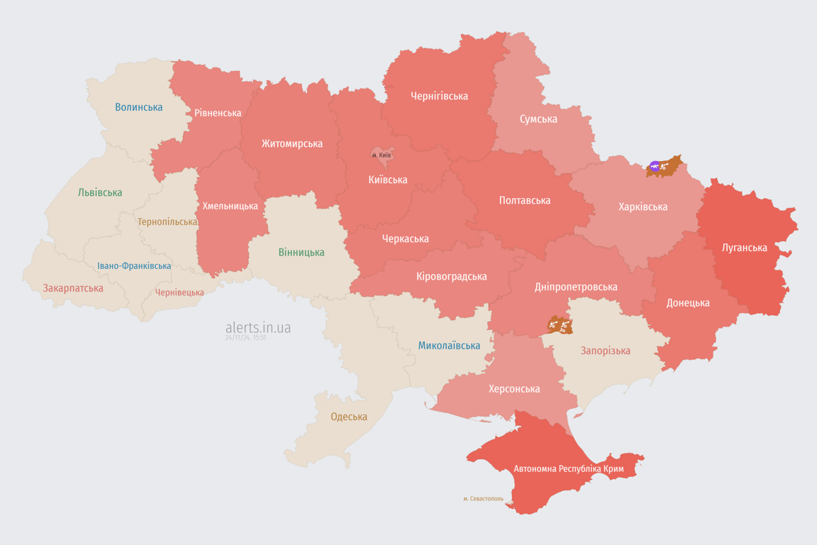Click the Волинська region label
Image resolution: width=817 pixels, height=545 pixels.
[x=138, y=107]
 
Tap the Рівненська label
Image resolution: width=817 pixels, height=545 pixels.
[x=218, y=113]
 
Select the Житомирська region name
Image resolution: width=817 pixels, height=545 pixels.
[x=291, y=143]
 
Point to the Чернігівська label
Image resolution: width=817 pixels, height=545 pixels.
[x=439, y=96]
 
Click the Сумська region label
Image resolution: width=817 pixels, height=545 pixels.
[x=538, y=119]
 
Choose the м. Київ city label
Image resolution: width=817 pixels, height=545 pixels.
[x=381, y=155]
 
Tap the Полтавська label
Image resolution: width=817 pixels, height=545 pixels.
[x=525, y=200]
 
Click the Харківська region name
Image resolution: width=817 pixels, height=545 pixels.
[x=643, y=207]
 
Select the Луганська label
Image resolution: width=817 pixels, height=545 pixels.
[x=744, y=248]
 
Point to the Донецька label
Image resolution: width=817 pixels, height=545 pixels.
[x=687, y=302]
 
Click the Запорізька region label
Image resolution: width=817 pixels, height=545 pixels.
[x=605, y=351]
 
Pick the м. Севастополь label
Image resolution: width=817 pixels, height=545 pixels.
[x=483, y=498]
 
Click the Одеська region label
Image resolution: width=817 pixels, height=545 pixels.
[x=349, y=417]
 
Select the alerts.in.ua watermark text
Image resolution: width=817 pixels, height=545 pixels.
[x=257, y=327]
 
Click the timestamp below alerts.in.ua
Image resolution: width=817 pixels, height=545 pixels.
[x=245, y=338]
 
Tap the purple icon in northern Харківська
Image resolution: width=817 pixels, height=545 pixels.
[x=654, y=167]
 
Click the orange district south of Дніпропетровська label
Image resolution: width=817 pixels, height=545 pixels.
[x=560, y=326]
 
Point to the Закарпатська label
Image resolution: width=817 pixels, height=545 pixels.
[x=73, y=288]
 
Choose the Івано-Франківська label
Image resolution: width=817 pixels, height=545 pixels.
[x=134, y=266]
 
